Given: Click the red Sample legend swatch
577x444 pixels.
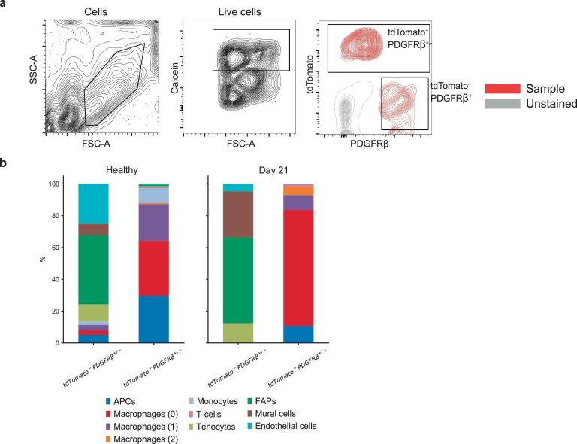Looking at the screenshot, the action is click(x=503, y=89).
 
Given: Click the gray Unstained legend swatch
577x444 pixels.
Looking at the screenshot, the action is click(x=503, y=104).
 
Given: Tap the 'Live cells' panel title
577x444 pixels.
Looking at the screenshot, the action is click(x=240, y=12).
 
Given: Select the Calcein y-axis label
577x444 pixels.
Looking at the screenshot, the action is click(x=174, y=78).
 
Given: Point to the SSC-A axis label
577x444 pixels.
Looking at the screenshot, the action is click(x=34, y=69).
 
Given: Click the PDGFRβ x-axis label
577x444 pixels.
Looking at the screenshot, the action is click(x=369, y=144).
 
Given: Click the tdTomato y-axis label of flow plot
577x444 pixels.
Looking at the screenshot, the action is click(x=310, y=74).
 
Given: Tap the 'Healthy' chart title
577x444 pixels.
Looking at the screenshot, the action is click(x=122, y=170).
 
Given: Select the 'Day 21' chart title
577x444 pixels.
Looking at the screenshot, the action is click(x=273, y=170).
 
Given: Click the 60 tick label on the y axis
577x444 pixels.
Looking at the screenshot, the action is click(x=55, y=248).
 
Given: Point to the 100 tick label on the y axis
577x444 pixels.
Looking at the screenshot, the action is click(x=53, y=184).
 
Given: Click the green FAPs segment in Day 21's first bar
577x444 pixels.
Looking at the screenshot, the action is click(x=238, y=281).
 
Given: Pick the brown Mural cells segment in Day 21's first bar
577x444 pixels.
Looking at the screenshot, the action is click(x=238, y=214).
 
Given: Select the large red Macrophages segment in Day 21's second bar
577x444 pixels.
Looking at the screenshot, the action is click(x=298, y=268).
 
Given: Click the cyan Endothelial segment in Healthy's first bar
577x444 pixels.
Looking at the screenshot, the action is click(x=93, y=204).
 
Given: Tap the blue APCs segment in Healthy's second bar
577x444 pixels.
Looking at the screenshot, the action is click(x=154, y=319).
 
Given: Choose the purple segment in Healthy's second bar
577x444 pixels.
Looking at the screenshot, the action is click(x=154, y=223).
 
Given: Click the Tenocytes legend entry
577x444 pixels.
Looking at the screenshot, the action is click(x=212, y=427).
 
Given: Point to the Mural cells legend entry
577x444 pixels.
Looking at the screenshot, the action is click(x=271, y=414).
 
